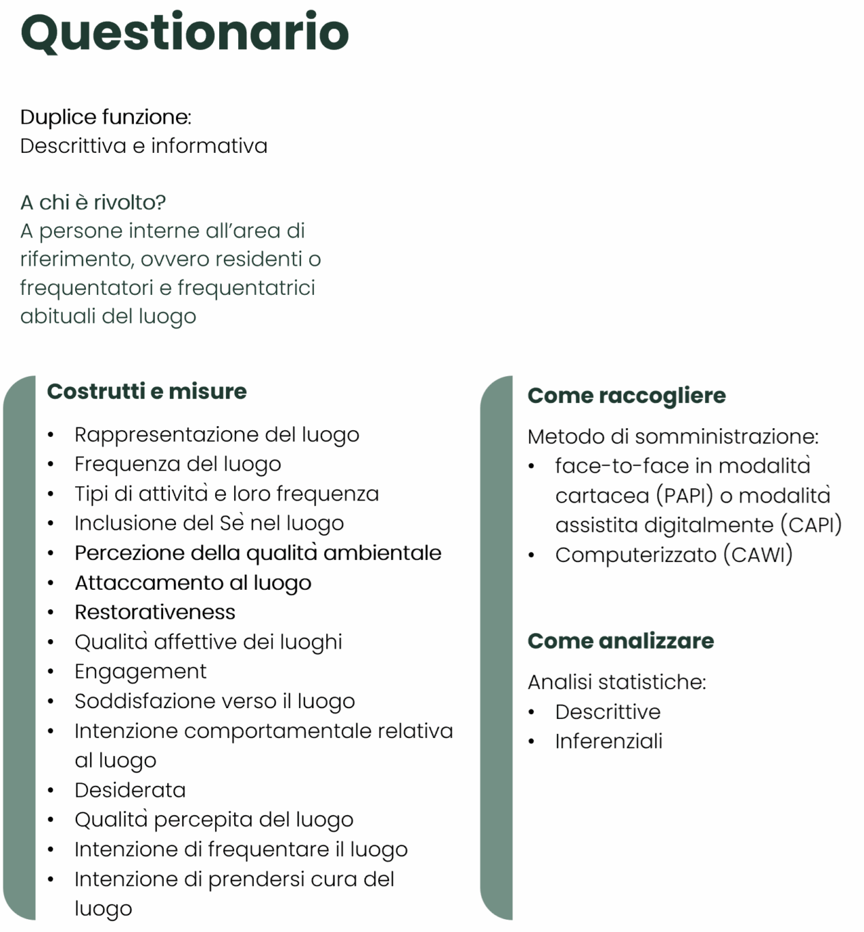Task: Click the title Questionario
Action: (x=184, y=32)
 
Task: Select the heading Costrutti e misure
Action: (x=147, y=391)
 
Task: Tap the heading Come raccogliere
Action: (x=627, y=395)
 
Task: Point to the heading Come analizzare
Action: (x=620, y=640)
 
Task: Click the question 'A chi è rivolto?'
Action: (x=93, y=202)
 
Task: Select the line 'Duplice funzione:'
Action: (x=106, y=117)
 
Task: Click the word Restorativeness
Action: (x=155, y=612)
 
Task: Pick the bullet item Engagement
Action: (x=141, y=671)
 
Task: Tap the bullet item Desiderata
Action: (x=130, y=790)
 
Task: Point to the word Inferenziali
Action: (x=609, y=741)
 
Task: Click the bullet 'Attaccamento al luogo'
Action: (x=193, y=582)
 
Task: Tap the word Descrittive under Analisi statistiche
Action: (x=607, y=711)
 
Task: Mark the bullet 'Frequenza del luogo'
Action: (x=177, y=464)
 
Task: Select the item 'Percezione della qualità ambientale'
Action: (x=258, y=552)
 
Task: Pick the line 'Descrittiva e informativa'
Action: (x=143, y=145)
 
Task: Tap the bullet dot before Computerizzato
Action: (x=532, y=555)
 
